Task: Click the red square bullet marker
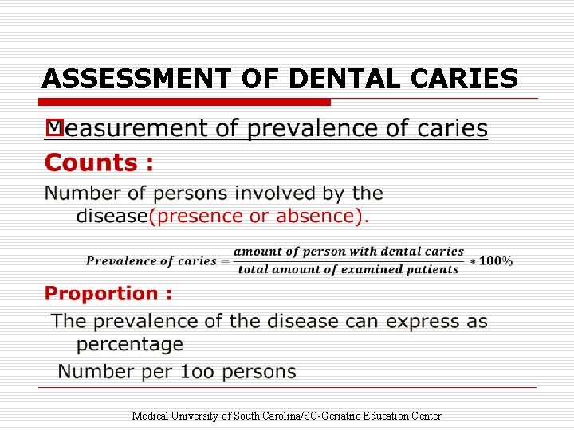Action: (x=54, y=126)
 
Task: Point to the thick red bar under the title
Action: (x=185, y=102)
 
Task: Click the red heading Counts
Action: (x=99, y=163)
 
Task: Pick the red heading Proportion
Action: (x=108, y=294)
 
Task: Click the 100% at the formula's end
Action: (x=497, y=261)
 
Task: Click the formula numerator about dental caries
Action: (x=348, y=252)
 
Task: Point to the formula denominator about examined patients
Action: (x=348, y=269)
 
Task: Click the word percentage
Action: (x=130, y=344)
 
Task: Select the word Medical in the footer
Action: (x=149, y=416)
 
